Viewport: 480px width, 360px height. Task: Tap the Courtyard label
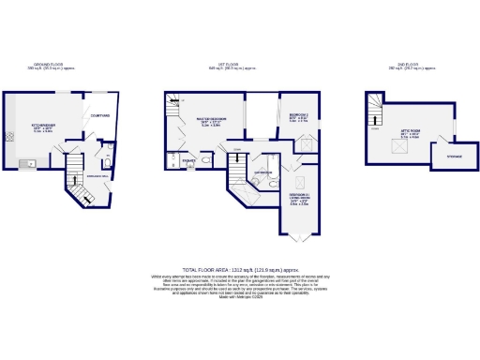pyautogui.click(x=99, y=116)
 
